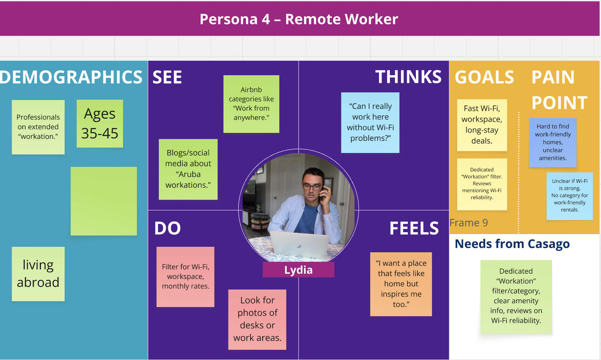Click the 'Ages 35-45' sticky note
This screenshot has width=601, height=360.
pyautogui.click(x=100, y=123)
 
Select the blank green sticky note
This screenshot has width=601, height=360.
pyautogui.click(x=104, y=201)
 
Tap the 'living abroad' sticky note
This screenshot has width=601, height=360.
pyautogui.click(x=38, y=274)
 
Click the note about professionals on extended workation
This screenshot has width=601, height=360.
pyautogui.click(x=38, y=127)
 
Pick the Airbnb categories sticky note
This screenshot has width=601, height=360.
pyautogui.click(x=251, y=104)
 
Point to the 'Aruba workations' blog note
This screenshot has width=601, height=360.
pyautogui.click(x=188, y=169)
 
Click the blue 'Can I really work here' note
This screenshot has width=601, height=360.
pyautogui.click(x=370, y=122)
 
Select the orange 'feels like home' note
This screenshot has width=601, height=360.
pyautogui.click(x=401, y=284)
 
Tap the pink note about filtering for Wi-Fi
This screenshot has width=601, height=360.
pyautogui.click(x=185, y=276)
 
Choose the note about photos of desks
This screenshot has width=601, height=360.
pyautogui.click(x=257, y=319)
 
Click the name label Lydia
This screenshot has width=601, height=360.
pyautogui.click(x=298, y=270)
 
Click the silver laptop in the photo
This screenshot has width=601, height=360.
pyautogui.click(x=299, y=245)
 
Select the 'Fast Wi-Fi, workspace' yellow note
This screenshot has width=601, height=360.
pyautogui.click(x=482, y=125)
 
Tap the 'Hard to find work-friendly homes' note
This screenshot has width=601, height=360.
pyautogui.click(x=553, y=142)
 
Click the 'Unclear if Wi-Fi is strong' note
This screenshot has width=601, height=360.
pyautogui.click(x=570, y=196)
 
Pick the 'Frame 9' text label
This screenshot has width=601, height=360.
pyautogui.click(x=469, y=223)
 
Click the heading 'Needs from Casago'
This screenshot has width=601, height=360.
pyautogui.click(x=512, y=244)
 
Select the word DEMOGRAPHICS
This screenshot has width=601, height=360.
pyautogui.click(x=71, y=77)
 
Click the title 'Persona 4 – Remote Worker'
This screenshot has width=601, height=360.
pyautogui.click(x=299, y=19)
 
